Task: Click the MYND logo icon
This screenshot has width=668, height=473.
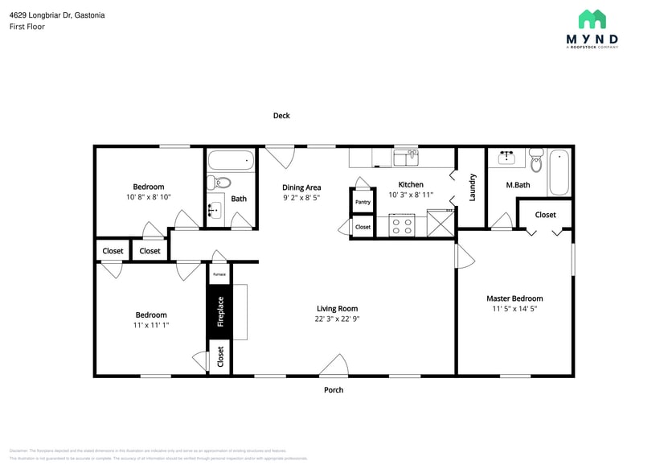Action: pyautogui.click(x=592, y=19)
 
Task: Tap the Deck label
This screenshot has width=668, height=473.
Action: pyautogui.click(x=281, y=116)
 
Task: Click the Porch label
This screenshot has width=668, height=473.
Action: pyautogui.click(x=334, y=390)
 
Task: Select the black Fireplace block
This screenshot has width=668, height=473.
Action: pyautogui.click(x=220, y=313)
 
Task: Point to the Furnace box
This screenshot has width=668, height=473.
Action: pyautogui.click(x=219, y=274)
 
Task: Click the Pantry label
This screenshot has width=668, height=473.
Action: pyautogui.click(x=363, y=202)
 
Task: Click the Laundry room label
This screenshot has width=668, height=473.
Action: pyautogui.click(x=473, y=187)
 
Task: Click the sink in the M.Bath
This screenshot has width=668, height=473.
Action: pyautogui.click(x=506, y=157)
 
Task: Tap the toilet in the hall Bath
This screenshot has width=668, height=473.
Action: pyautogui.click(x=218, y=183)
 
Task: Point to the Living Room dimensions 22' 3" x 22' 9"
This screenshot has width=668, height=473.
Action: pyautogui.click(x=337, y=319)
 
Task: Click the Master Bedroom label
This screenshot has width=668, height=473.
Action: pyautogui.click(x=514, y=298)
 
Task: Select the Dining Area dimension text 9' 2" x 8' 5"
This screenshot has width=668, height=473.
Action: pyautogui.click(x=301, y=198)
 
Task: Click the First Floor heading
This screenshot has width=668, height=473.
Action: pyautogui.click(x=27, y=27)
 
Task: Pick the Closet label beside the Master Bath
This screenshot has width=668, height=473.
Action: pyautogui.click(x=545, y=215)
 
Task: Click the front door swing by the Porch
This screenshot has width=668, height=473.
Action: pyautogui.click(x=334, y=366)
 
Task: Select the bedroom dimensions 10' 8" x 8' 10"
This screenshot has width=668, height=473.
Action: pyautogui.click(x=149, y=197)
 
